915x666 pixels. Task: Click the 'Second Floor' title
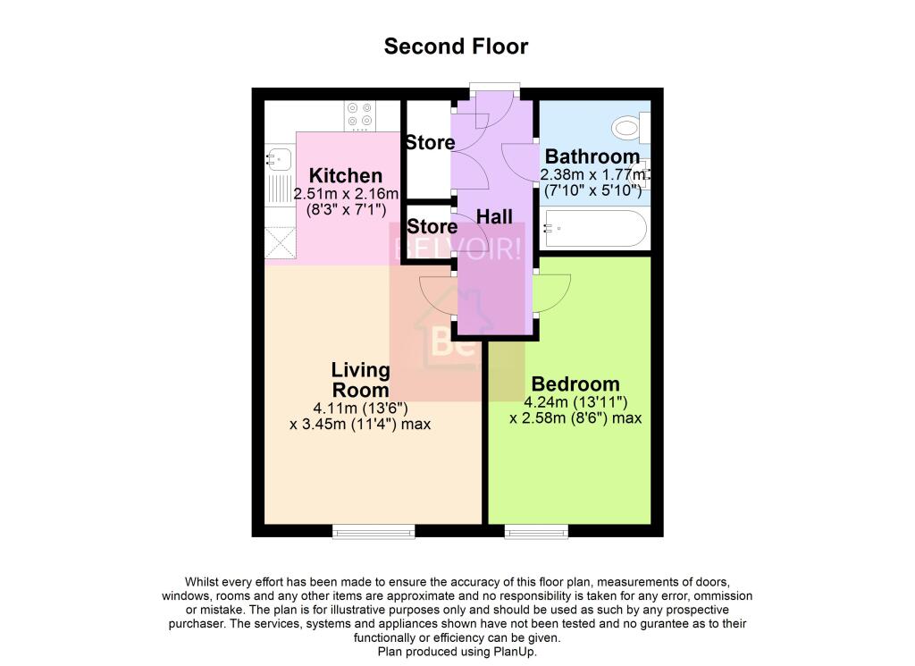456,46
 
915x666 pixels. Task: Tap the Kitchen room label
346,176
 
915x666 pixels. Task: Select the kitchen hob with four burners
361,114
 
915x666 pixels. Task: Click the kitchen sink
278,160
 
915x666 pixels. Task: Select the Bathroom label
592,156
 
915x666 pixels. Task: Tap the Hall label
494,216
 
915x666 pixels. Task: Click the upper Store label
430,143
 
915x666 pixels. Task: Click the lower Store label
430,225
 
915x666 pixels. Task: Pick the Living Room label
360,380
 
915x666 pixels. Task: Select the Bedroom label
575,384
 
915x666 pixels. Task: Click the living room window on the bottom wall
374,532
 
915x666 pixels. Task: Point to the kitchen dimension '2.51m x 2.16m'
346,194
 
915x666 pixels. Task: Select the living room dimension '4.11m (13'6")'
360,407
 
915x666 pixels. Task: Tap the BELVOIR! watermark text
457,249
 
